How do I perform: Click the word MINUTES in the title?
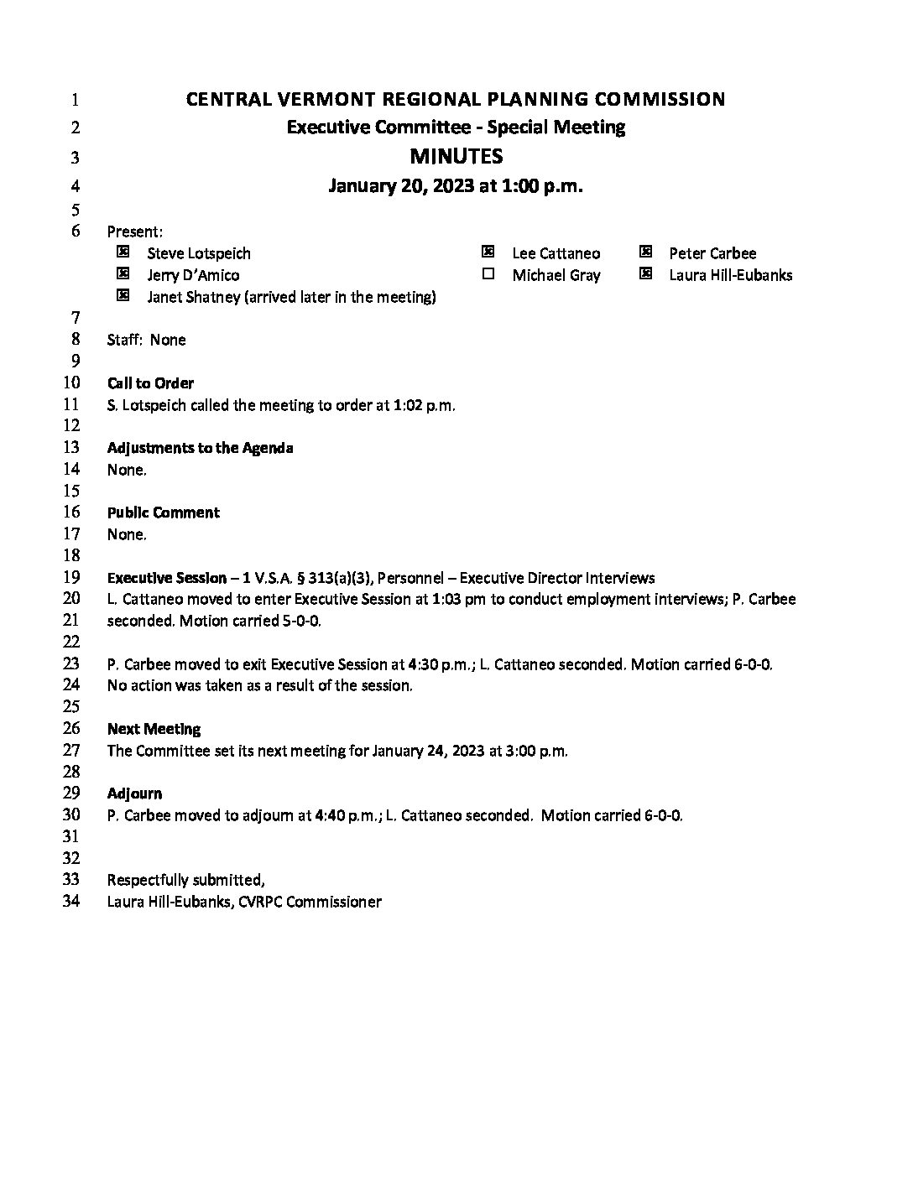coord(456,157)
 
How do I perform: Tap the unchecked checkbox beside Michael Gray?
coord(488,273)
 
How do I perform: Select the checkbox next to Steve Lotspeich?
coord(123,252)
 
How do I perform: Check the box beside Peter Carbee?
coord(645,252)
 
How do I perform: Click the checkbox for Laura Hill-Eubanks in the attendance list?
coord(645,273)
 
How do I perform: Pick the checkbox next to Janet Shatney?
coord(123,295)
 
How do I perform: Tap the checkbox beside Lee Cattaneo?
coord(488,252)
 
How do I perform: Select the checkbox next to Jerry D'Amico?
coord(123,273)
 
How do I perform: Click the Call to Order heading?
coord(150,383)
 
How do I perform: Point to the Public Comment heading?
coord(163,512)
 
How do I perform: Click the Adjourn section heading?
coord(134,793)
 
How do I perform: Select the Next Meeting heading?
coord(154,729)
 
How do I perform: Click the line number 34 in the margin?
coord(71,902)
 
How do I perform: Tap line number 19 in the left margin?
coord(71,577)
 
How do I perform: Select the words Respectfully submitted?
coord(185,880)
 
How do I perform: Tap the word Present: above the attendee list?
coord(134,232)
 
